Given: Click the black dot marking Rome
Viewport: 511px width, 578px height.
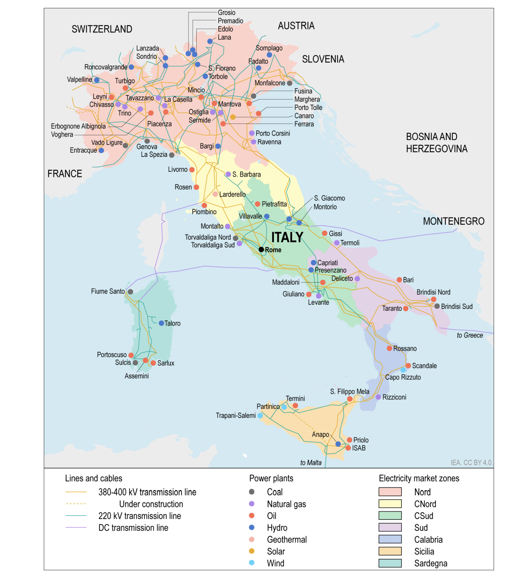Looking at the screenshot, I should [x=261, y=250].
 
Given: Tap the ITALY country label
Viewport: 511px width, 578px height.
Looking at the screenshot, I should [x=287, y=237].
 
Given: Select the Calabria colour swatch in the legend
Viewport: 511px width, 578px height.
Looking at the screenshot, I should [x=390, y=539].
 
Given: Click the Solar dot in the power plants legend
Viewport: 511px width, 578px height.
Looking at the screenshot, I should [x=252, y=551].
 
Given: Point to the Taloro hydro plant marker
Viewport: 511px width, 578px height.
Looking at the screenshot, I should [x=161, y=323].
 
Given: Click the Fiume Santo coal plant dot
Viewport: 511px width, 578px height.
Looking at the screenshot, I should [x=131, y=292].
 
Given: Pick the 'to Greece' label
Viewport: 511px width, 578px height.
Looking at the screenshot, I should [x=470, y=335].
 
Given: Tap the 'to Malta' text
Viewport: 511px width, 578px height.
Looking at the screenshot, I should [x=311, y=463].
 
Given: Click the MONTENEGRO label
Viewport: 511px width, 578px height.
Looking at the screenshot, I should [x=453, y=221].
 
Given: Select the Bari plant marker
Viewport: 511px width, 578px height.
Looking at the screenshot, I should [x=399, y=280].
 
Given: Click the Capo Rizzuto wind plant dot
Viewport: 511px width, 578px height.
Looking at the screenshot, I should [x=403, y=370].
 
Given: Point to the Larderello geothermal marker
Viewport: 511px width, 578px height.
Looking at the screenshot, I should [x=215, y=194].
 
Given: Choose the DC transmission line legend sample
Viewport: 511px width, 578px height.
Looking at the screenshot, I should [x=76, y=528].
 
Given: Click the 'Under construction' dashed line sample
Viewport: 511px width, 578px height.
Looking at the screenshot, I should [x=76, y=504].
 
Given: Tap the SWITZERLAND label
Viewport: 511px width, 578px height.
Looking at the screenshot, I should [x=102, y=29].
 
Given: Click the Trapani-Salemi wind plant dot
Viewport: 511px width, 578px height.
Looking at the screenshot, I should [x=260, y=416].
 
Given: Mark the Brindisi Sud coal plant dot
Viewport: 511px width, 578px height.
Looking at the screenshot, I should [x=437, y=306].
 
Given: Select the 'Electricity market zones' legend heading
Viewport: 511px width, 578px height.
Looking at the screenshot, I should [x=419, y=478].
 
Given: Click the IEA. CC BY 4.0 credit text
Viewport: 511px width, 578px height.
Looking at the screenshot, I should [x=471, y=463].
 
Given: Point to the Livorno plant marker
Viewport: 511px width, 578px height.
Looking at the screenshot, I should [x=192, y=170].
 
